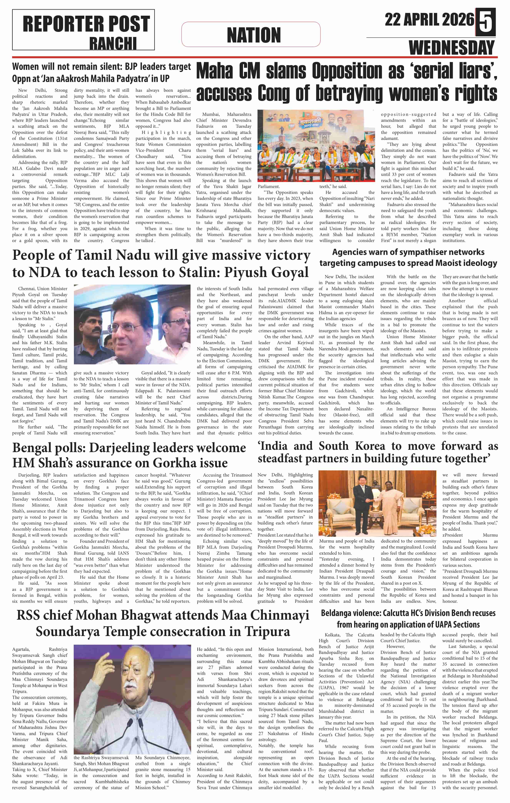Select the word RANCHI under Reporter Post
[113, 43]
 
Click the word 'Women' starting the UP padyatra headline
[26, 67]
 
